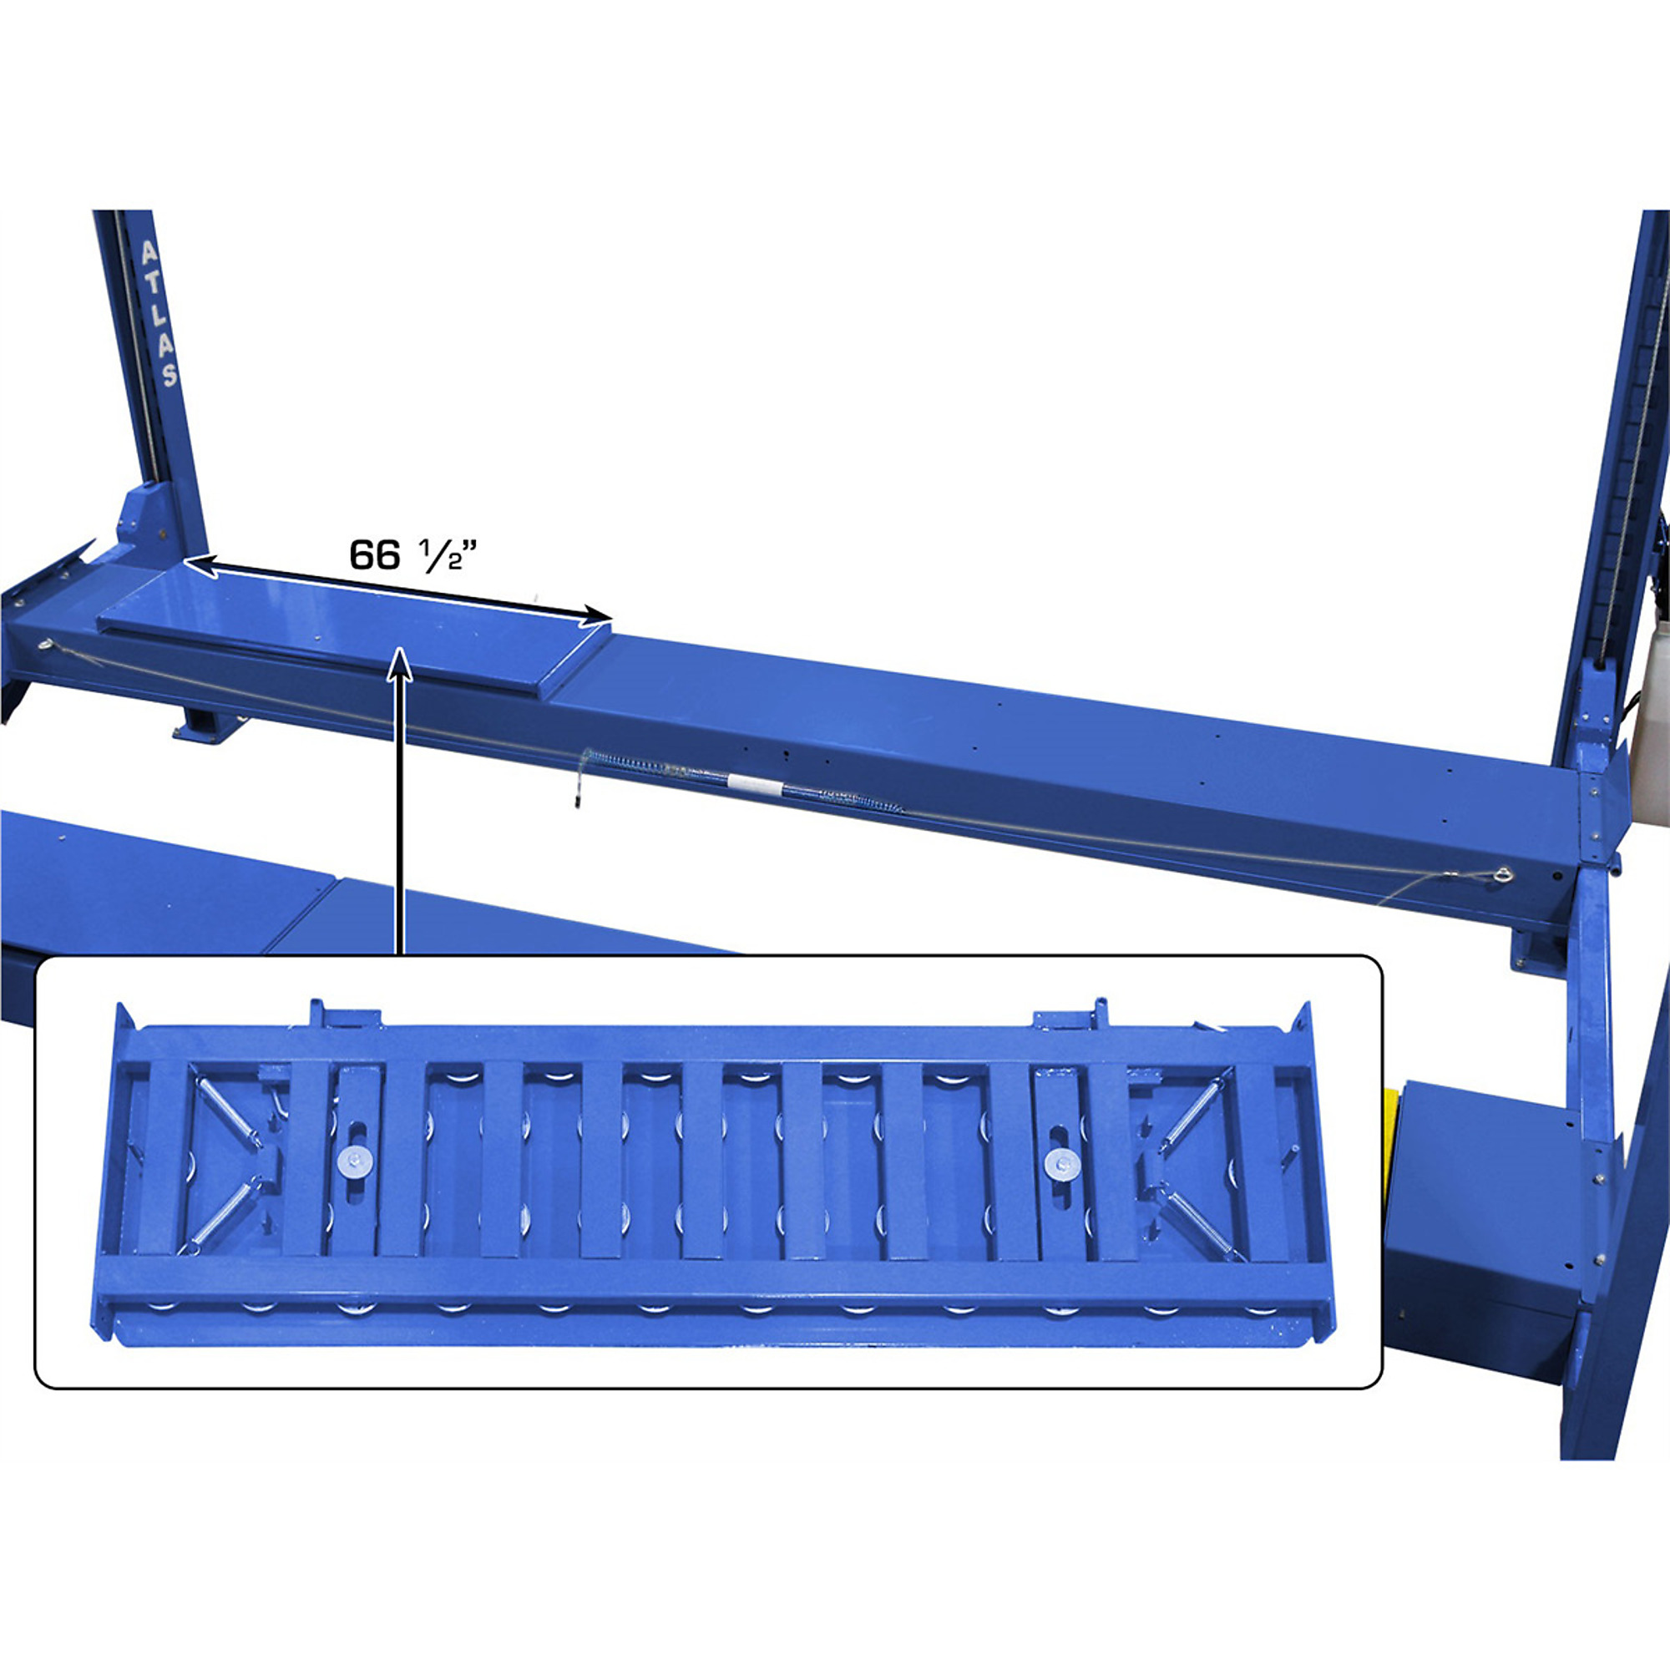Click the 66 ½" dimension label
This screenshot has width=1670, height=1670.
coord(414,554)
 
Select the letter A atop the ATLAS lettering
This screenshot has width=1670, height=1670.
coord(149,252)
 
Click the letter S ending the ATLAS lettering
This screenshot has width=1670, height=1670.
coord(170,373)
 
